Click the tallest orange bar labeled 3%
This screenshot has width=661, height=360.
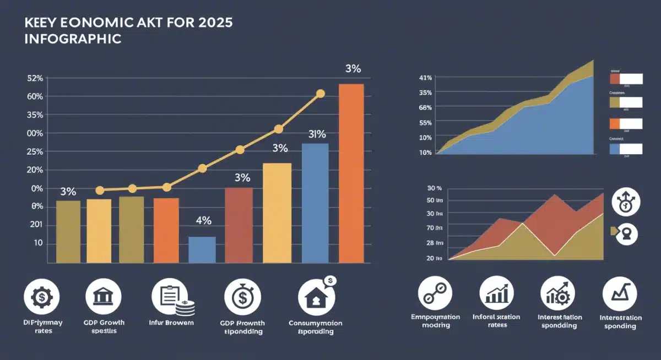(351, 173)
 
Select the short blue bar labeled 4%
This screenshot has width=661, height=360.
(202, 249)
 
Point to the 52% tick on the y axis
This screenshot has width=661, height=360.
(35, 78)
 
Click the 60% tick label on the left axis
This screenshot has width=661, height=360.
(35, 96)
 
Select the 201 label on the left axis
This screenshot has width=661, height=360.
(35, 225)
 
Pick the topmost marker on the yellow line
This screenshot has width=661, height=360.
(321, 94)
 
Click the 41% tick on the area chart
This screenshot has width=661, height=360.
(425, 78)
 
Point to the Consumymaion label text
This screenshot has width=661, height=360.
(316, 323)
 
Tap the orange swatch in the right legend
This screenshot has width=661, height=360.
(614, 124)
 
